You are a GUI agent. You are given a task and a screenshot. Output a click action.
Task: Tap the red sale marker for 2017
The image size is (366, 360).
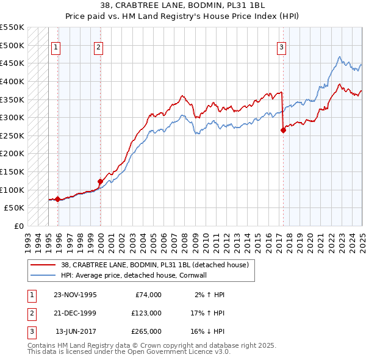click(283, 129)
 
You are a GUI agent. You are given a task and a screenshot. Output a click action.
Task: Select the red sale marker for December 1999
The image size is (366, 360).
click(100, 181)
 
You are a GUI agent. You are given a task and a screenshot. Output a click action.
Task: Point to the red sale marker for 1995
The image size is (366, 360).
click(57, 199)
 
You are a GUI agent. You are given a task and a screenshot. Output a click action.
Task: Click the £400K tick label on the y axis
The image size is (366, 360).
click(12, 81)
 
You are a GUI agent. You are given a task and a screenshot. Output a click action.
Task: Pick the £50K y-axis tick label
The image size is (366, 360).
click(14, 208)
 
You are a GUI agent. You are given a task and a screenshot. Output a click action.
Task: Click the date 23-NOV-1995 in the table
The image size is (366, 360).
click(76, 295)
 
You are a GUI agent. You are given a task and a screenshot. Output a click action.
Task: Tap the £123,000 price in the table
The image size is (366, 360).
click(146, 313)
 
